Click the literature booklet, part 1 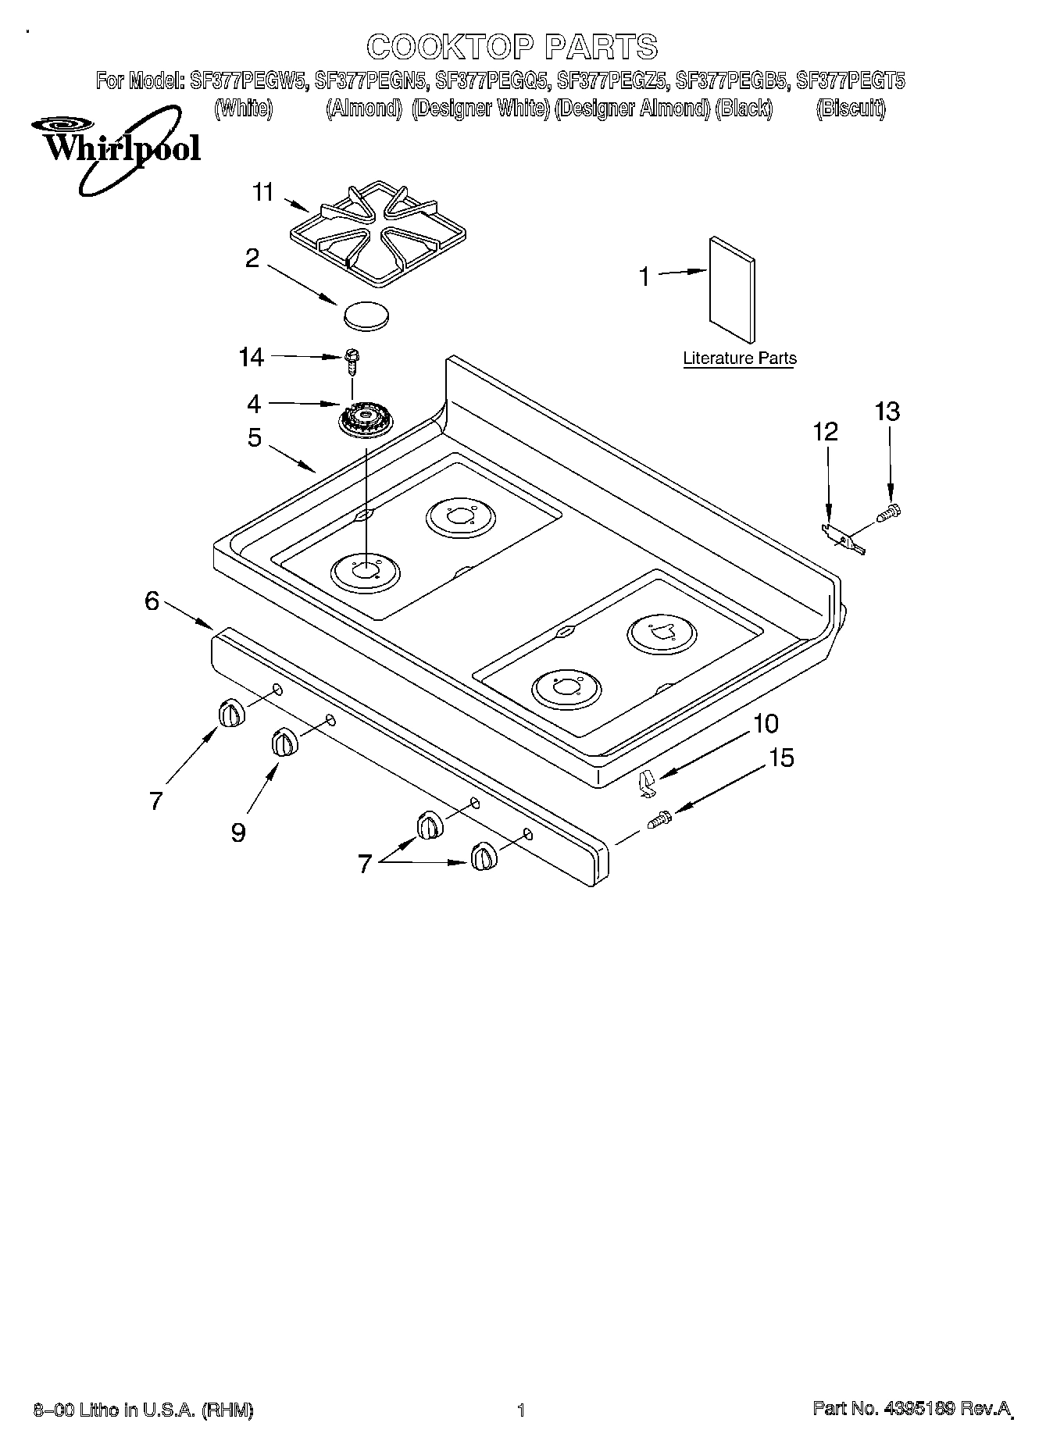click(732, 288)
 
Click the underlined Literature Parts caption click(739, 359)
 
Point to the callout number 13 click(887, 412)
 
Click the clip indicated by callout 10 click(644, 783)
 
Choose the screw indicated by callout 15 click(659, 819)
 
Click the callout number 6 click(152, 601)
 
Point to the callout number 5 click(254, 437)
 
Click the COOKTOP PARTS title click(512, 47)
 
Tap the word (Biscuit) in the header click(850, 109)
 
